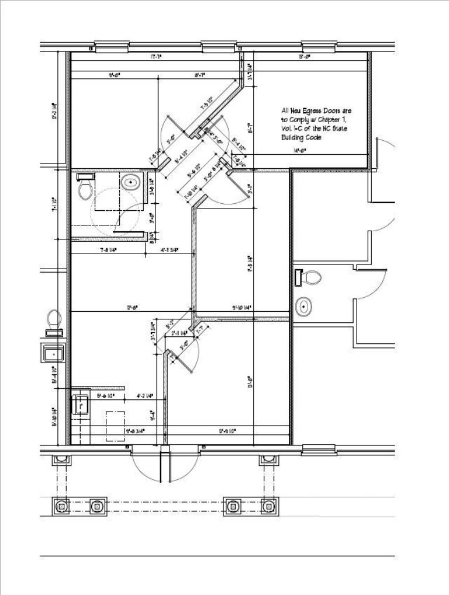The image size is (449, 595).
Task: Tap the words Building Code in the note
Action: (302, 138)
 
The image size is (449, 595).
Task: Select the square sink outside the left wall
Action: (54, 353)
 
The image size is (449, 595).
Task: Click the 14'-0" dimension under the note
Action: (301, 151)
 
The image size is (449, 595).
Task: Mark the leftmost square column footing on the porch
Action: (61, 506)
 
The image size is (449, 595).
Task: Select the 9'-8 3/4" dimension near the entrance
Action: (135, 432)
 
